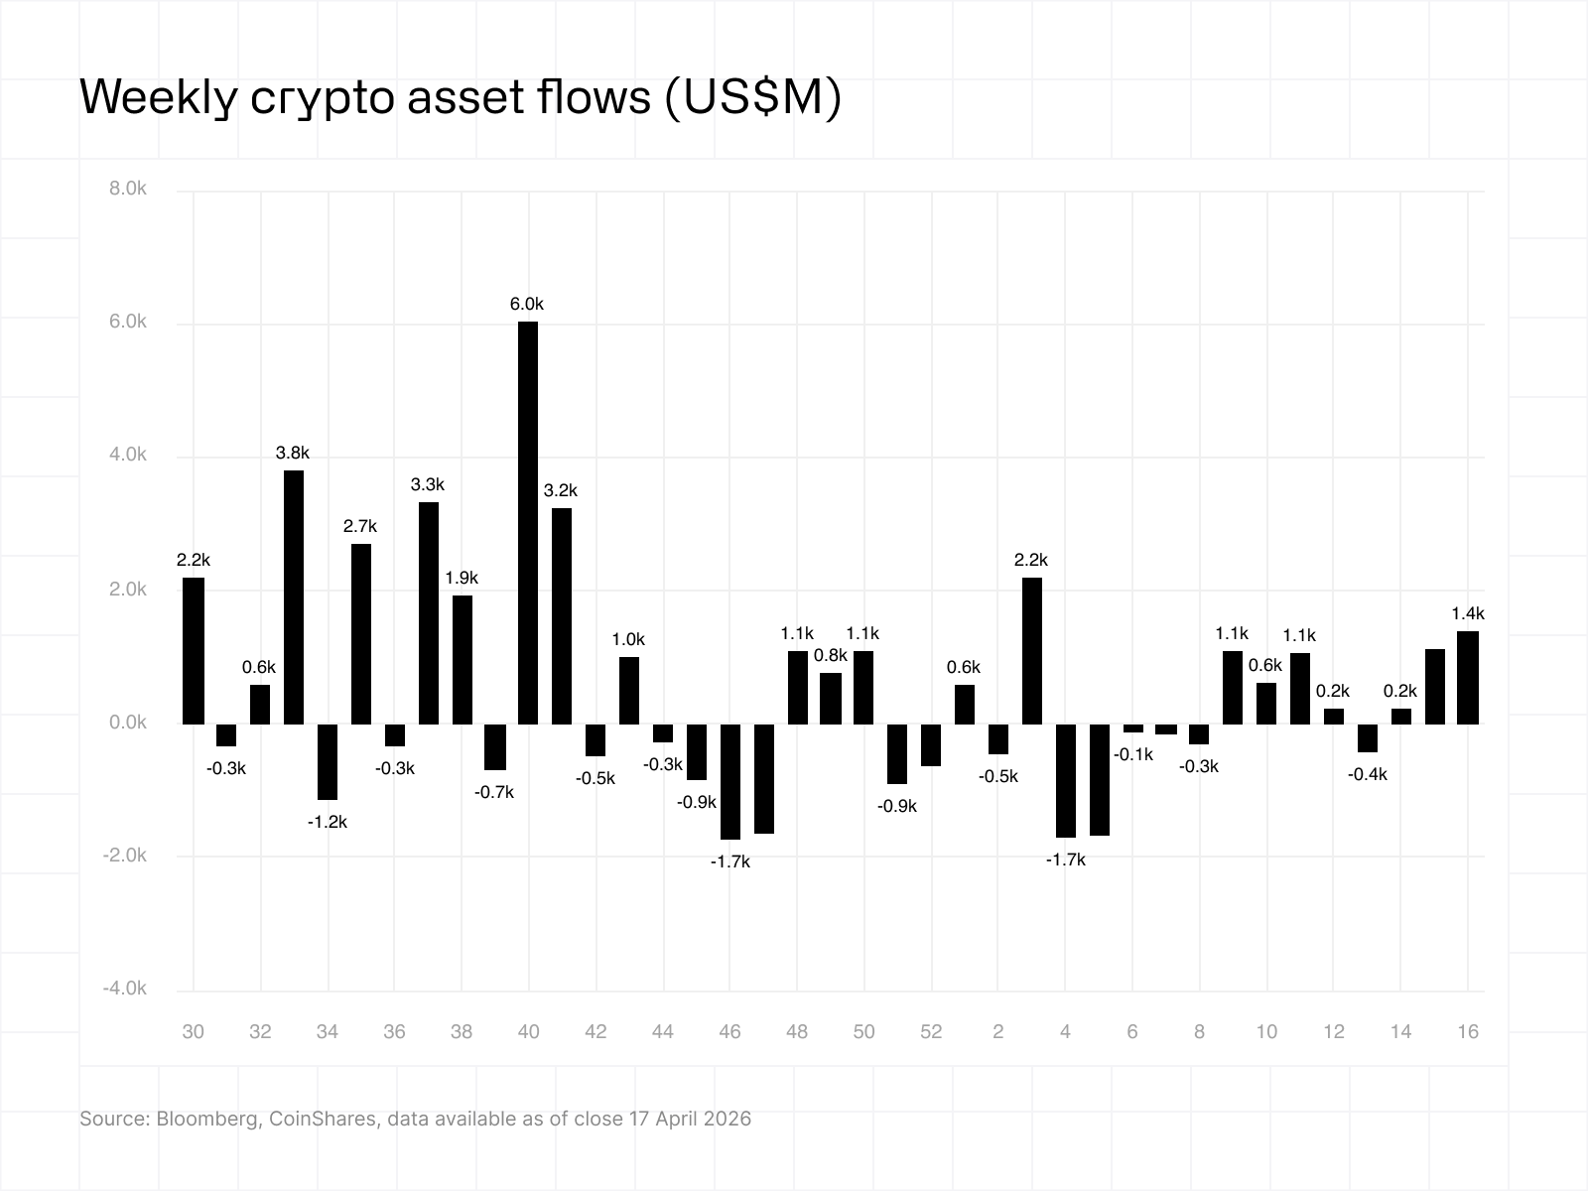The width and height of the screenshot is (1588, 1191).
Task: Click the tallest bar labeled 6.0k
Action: [528, 522]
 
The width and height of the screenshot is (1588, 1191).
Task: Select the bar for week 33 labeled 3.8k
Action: [294, 596]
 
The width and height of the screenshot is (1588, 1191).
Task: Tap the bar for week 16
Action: [1468, 677]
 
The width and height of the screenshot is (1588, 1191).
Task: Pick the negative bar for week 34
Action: [328, 761]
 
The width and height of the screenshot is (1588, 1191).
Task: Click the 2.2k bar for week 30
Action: [194, 650]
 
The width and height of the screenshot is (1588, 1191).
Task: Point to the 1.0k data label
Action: [629, 639]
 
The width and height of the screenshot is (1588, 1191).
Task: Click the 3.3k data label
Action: [428, 484]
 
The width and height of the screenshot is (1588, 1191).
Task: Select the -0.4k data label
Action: [1368, 774]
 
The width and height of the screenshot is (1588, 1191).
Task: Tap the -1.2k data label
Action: [328, 822]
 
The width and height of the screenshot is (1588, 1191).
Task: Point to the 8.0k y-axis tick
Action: [128, 189]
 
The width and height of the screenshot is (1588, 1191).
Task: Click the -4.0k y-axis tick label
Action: [125, 989]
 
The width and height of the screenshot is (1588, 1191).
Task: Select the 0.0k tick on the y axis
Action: [128, 723]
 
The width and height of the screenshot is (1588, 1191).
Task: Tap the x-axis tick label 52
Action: [931, 1031]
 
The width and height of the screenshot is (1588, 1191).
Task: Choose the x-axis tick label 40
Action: [528, 1031]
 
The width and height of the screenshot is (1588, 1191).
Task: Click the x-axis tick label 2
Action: [997, 1031]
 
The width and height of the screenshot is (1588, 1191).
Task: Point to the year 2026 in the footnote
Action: [728, 1119]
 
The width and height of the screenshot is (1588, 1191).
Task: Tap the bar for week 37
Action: [428, 612]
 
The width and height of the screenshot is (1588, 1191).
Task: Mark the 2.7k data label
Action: [360, 526]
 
